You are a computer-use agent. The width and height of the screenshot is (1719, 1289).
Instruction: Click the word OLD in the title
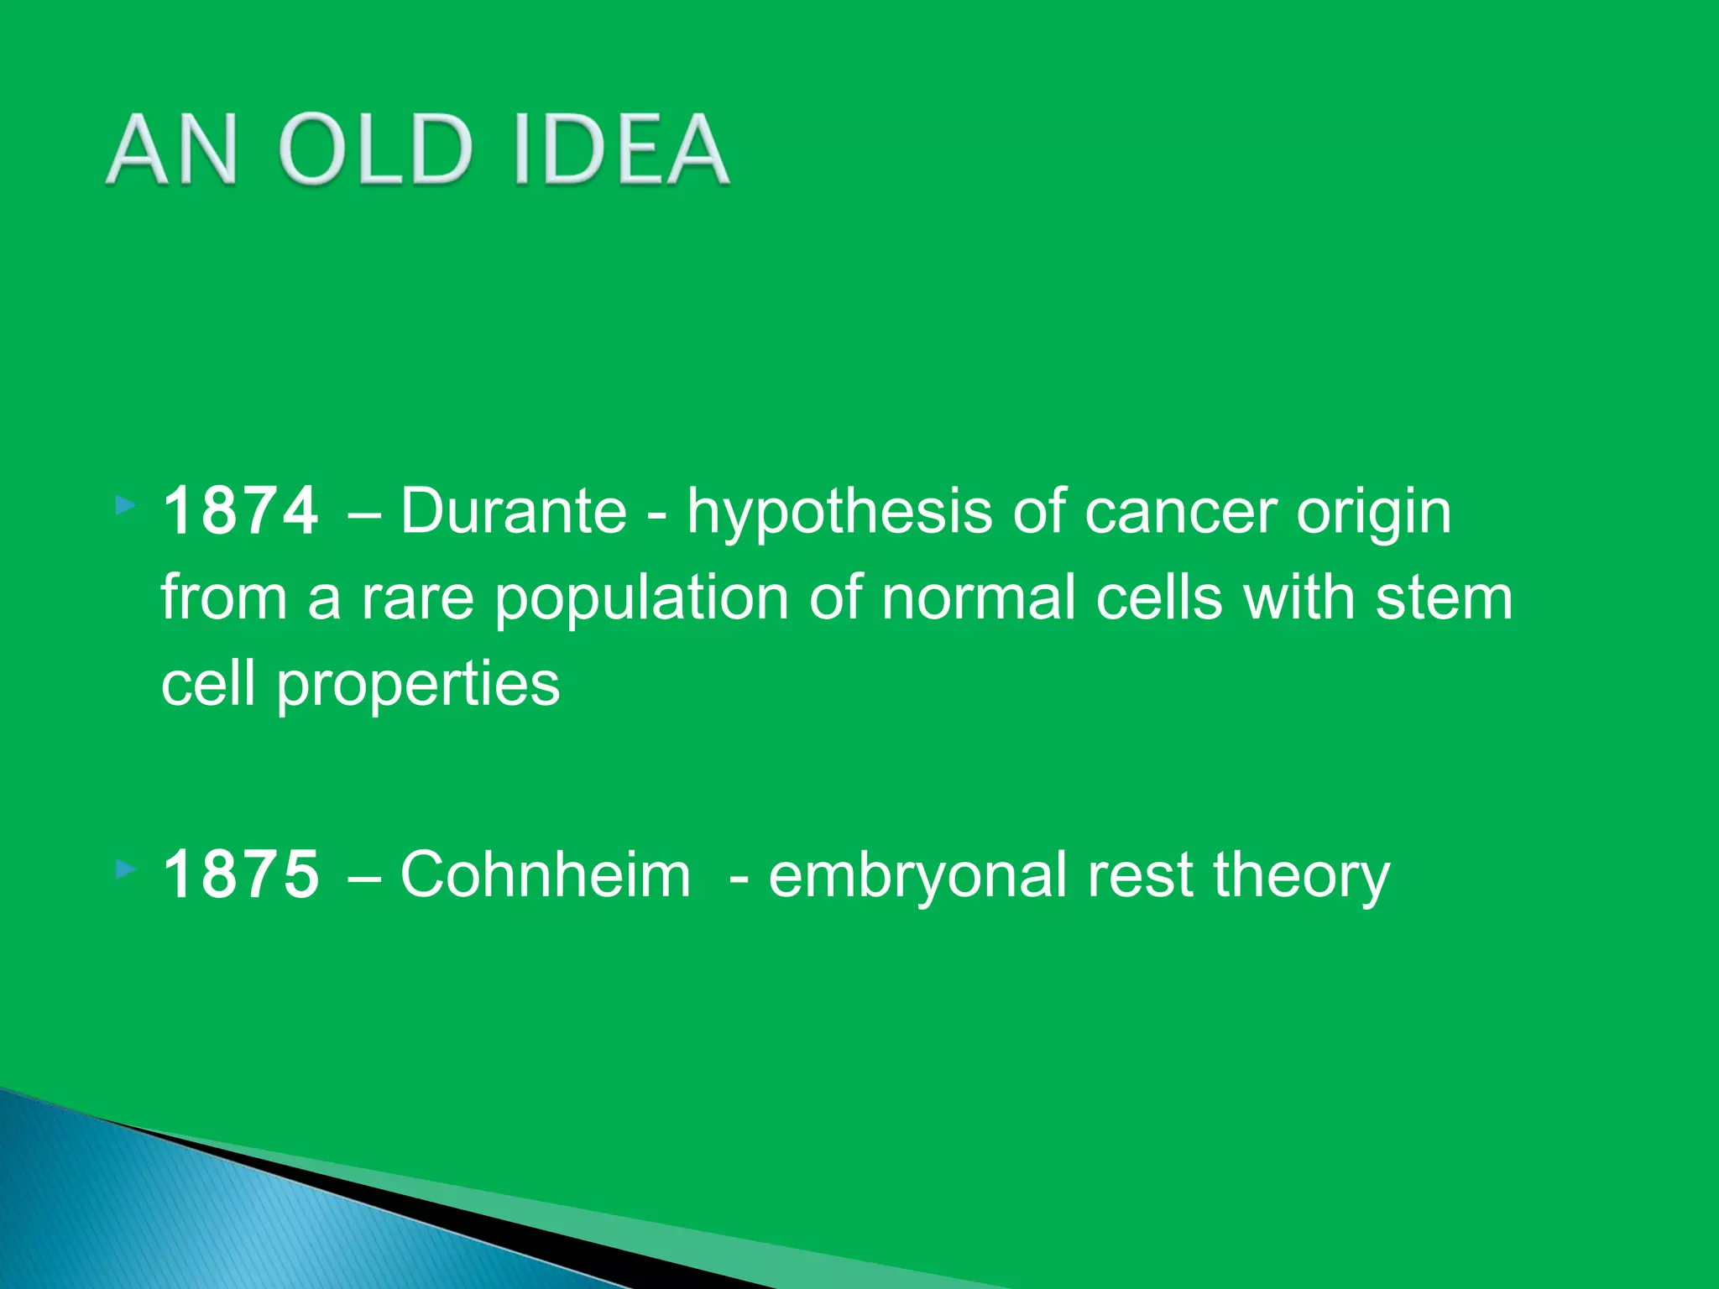[374, 150]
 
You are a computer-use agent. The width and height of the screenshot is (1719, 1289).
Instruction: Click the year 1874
[241, 511]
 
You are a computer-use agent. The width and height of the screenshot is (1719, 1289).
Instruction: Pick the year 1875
[241, 874]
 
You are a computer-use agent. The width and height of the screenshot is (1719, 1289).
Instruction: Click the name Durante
[513, 511]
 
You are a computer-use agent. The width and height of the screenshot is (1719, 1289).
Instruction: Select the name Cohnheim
[545, 874]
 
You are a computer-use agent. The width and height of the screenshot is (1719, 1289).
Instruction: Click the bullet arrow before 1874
[125, 505]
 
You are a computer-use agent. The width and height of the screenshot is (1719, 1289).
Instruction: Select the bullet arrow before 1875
[125, 869]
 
